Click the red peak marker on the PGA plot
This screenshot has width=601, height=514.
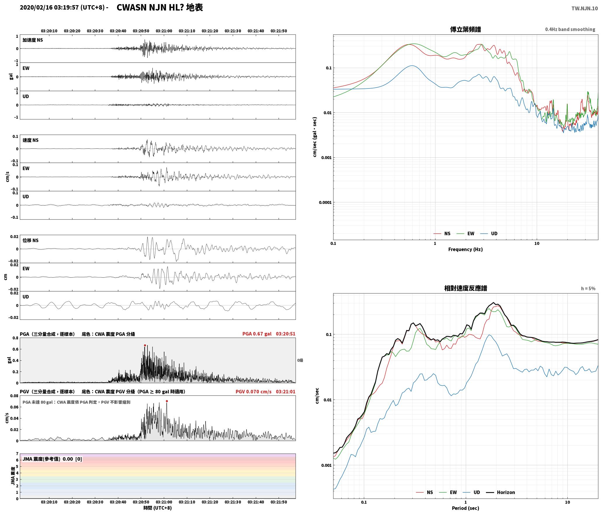[x=145, y=345]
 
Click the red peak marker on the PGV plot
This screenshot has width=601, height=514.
[x=167, y=401]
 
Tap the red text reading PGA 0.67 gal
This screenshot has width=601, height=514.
[x=257, y=334]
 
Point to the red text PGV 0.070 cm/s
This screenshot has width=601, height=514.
[x=253, y=392]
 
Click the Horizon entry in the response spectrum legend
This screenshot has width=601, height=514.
[x=501, y=492]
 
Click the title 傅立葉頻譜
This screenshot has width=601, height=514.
[x=465, y=29]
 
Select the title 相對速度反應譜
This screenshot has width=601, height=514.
[x=465, y=288]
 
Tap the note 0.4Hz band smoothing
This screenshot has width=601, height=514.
[x=570, y=29]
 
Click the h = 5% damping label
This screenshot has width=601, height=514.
[x=588, y=289]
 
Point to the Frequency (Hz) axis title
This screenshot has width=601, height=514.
[x=465, y=249]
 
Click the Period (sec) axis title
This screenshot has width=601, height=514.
[x=465, y=508]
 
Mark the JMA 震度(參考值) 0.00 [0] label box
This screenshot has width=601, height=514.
[x=52, y=459]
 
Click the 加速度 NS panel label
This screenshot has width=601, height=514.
[x=33, y=40]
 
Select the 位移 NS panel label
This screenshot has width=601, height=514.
[x=31, y=240]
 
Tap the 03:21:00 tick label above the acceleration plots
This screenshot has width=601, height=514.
[x=164, y=31]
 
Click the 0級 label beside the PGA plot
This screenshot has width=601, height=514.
[x=300, y=360]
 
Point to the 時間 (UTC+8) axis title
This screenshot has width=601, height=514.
[x=158, y=508]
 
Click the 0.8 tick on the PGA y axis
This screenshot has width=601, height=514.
[x=15, y=338]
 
